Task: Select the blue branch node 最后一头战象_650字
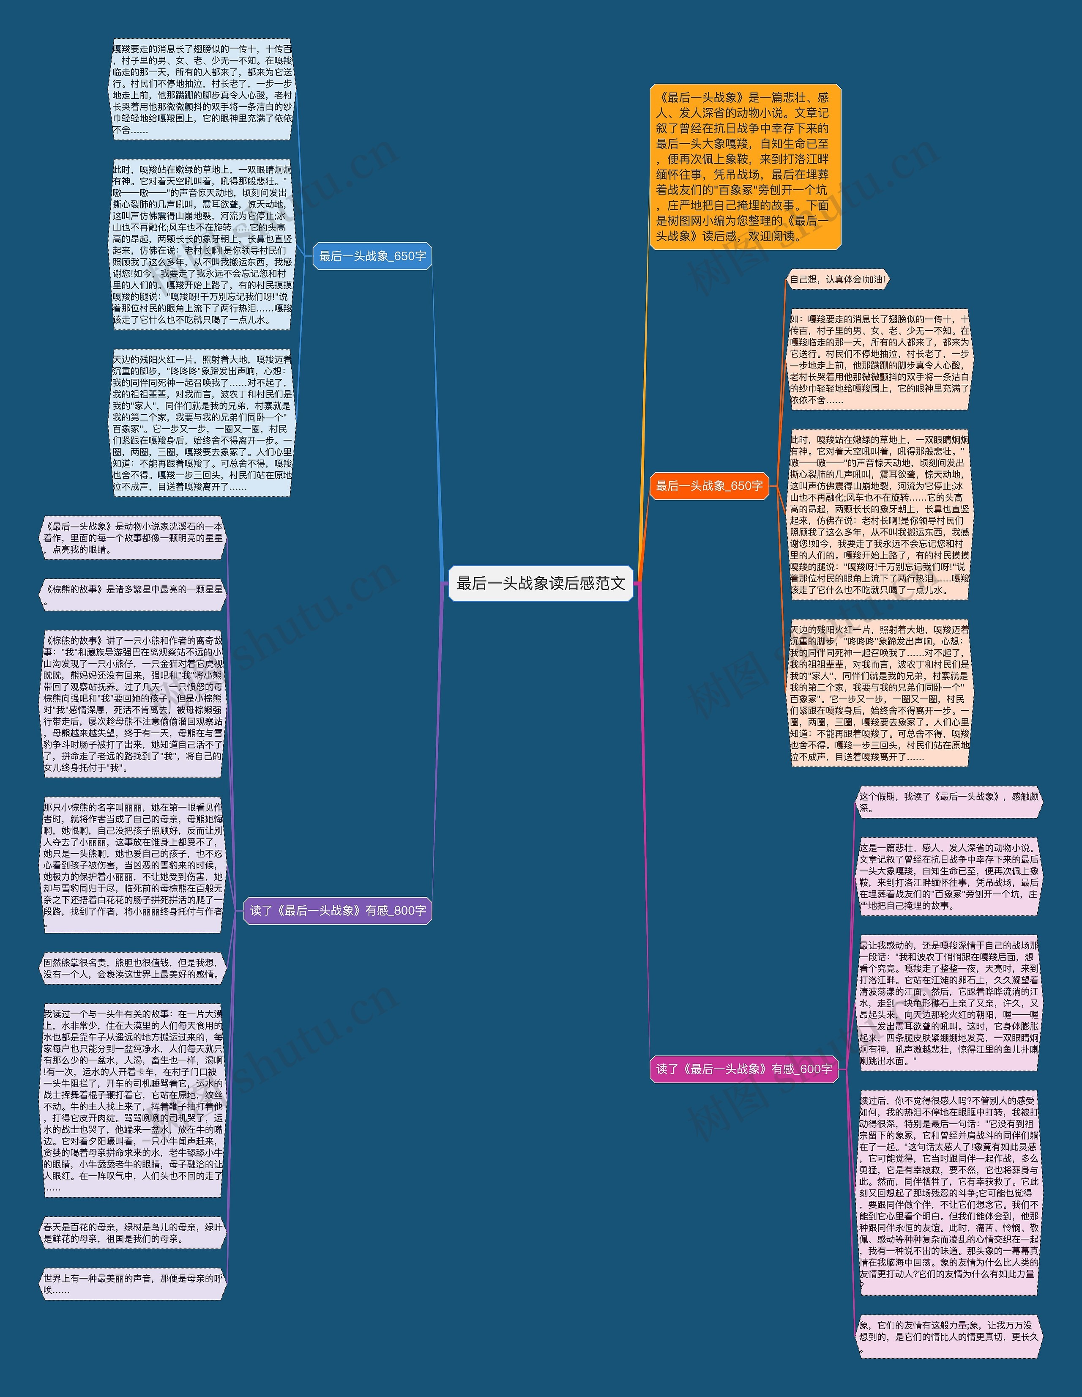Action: click(x=372, y=256)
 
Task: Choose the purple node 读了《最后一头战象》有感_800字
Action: click(x=338, y=910)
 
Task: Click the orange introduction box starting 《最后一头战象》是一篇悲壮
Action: click(x=745, y=166)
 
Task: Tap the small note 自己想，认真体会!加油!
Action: click(x=837, y=279)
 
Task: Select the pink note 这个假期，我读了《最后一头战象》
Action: click(x=948, y=802)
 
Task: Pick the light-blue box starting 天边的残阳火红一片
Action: click(x=202, y=422)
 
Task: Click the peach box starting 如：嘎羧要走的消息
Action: click(x=879, y=359)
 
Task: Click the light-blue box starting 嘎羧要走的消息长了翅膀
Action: click(x=202, y=89)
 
